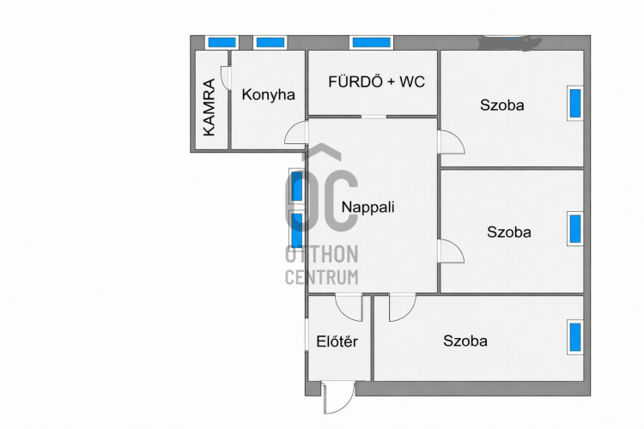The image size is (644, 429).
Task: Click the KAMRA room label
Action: tap(209, 107)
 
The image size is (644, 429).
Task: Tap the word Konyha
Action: tap(268, 95)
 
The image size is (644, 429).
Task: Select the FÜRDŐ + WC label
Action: tap(376, 82)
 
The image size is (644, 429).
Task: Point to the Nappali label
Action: tap(368, 208)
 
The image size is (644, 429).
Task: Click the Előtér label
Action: tap(337, 341)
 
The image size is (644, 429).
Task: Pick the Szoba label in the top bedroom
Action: tap(502, 105)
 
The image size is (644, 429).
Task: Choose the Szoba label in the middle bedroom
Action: tap(509, 232)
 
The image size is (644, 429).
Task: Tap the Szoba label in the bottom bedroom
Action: tap(465, 341)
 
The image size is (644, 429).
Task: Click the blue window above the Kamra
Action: tap(222, 42)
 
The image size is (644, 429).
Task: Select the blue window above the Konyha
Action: tap(270, 42)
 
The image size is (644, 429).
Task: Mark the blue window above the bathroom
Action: tap(371, 42)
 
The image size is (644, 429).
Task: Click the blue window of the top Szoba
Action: tap(575, 104)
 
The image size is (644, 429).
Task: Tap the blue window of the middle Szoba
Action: tap(575, 229)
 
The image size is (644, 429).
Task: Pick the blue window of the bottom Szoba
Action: tap(575, 337)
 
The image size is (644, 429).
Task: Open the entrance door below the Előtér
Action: tap(338, 397)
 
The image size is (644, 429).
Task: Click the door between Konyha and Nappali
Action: tap(295, 132)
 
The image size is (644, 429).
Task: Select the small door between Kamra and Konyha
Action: tap(226, 77)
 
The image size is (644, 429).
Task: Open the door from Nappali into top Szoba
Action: tap(451, 142)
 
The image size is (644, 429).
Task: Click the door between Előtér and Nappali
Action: tap(349, 307)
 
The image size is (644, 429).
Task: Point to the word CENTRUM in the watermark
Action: tap(322, 277)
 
